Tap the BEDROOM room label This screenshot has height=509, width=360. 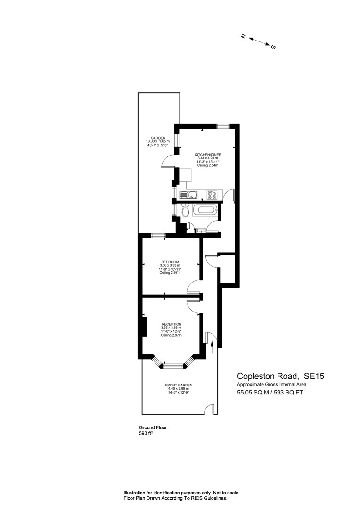click(x=170, y=262)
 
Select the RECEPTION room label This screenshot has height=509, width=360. click(x=172, y=324)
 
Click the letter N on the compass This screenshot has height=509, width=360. click(x=243, y=36)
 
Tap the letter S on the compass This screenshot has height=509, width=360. click(x=273, y=47)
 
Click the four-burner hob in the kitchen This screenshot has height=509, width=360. click(x=213, y=195)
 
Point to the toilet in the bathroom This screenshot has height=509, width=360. click(x=185, y=210)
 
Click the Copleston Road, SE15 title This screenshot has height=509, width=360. click(x=280, y=376)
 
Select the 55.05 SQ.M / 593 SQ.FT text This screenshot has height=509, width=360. click(x=270, y=393)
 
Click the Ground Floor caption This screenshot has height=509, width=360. click(x=153, y=427)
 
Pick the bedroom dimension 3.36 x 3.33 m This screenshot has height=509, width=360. click(x=170, y=265)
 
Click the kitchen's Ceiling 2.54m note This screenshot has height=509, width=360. click(x=208, y=165)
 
